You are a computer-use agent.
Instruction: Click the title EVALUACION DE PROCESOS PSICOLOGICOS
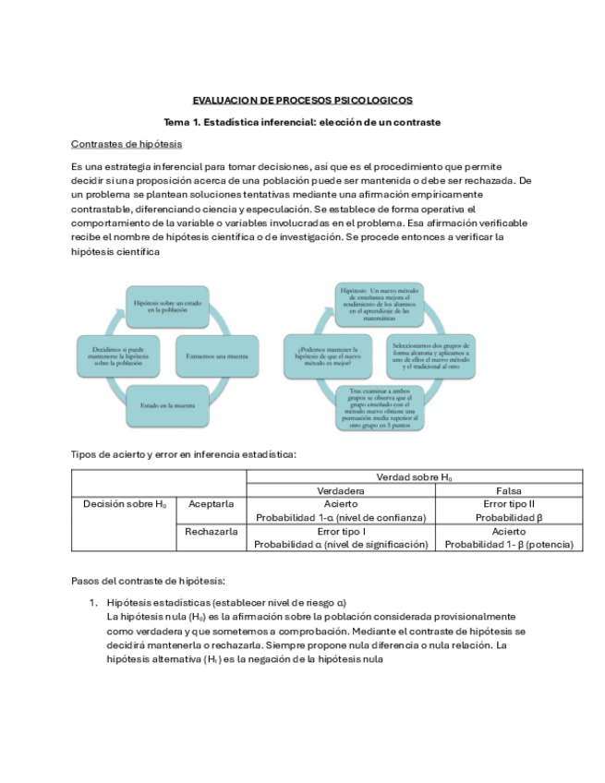(x=302, y=100)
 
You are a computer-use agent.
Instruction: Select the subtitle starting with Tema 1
(x=302, y=122)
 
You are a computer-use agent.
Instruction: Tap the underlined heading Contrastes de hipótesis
(x=127, y=144)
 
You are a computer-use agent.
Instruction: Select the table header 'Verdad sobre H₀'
(x=414, y=476)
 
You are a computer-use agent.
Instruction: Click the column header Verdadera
(x=341, y=490)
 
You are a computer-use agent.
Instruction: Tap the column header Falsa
(x=509, y=490)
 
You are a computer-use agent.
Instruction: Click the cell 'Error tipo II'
(x=509, y=504)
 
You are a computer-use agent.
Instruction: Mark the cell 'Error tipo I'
(x=341, y=532)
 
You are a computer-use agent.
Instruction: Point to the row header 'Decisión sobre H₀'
(x=125, y=504)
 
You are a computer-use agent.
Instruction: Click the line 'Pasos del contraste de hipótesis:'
(x=148, y=581)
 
